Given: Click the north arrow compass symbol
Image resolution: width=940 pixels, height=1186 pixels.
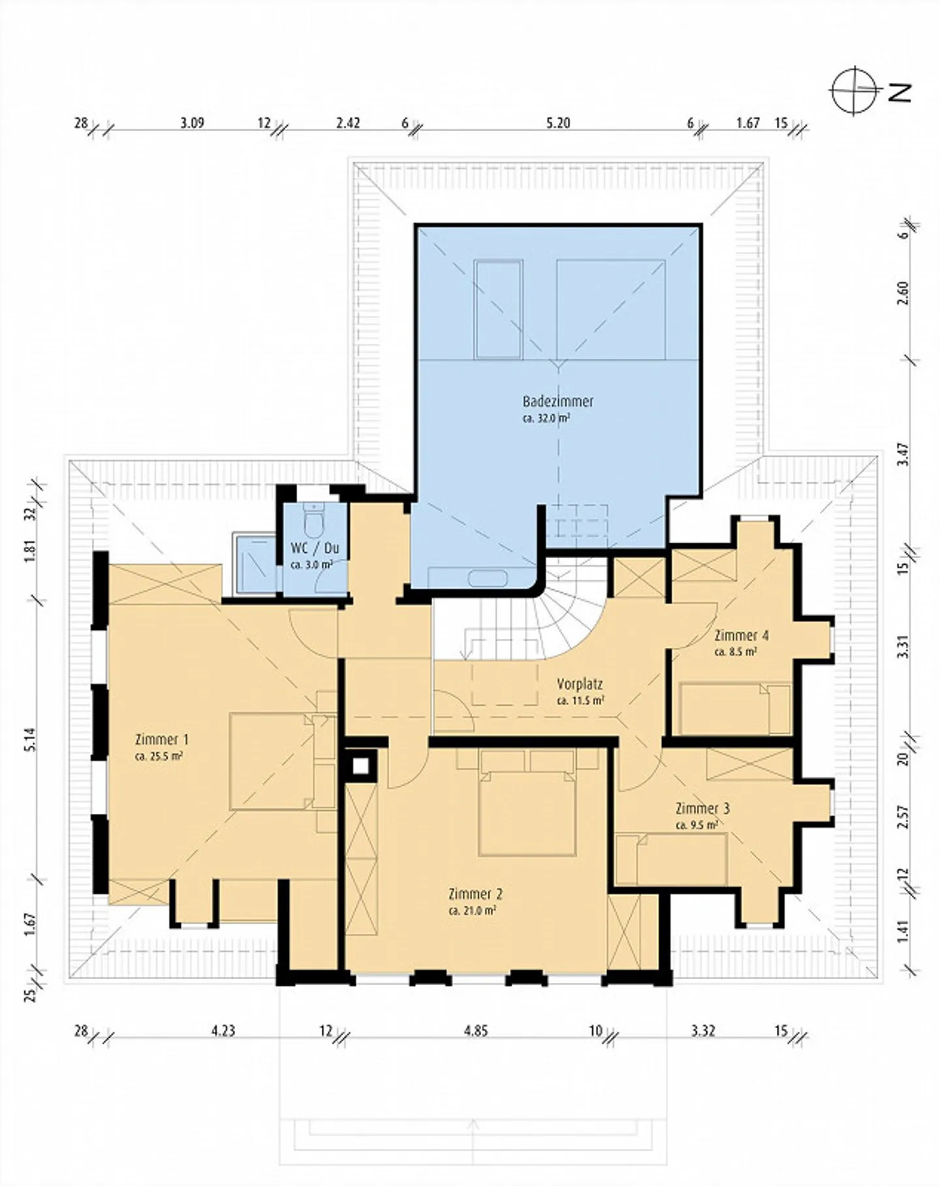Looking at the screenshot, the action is pos(854,91).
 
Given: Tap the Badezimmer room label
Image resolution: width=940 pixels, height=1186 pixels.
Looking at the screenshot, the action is pos(558,401).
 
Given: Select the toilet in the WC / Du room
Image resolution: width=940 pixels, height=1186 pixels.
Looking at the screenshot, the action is pos(313,521).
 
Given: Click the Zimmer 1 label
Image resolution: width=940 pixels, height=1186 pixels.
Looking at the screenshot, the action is pos(161,740).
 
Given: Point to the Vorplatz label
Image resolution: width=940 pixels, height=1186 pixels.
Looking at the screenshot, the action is pos(580,684).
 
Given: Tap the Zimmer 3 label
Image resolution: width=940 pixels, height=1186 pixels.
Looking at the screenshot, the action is pos(702,808).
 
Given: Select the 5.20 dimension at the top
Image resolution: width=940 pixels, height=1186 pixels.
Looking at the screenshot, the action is pos(558,123).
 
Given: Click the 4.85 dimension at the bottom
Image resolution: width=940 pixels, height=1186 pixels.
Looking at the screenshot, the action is pos(476,1031).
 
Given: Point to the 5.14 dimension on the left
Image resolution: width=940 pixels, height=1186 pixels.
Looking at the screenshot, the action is pos(31,740).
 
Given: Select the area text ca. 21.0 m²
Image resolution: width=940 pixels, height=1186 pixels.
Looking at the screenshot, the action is pos(473,911).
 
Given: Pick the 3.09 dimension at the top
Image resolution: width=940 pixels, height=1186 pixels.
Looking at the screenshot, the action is pos(193,123).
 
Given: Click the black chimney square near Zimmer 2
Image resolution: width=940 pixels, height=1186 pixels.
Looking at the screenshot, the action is pos(361,765).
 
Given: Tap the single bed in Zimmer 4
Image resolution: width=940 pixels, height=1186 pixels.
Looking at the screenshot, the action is pos(734,709).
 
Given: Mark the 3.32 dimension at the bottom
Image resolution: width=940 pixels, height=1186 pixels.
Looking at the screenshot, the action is pos(703,1031).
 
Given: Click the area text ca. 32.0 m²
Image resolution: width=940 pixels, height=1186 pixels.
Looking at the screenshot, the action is pos(546,418).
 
